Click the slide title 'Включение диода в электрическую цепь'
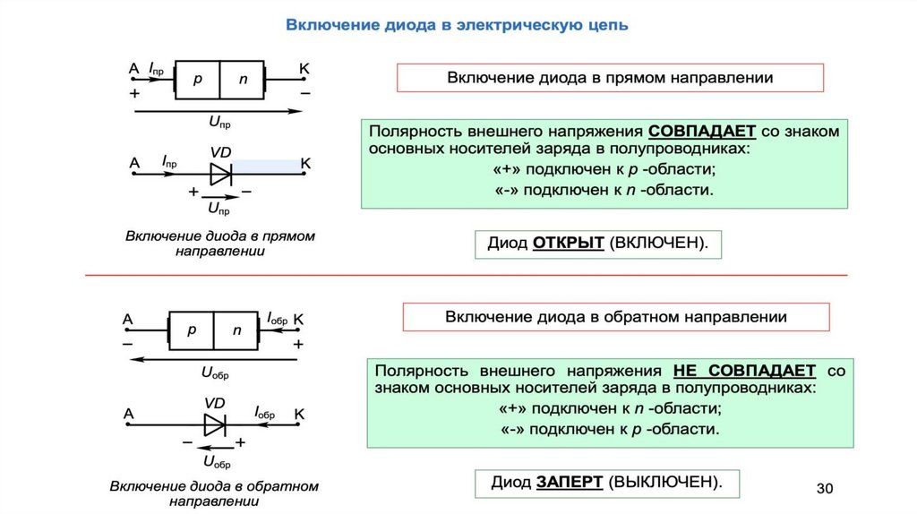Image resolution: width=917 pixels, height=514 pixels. (457, 24)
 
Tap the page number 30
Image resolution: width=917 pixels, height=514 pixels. (825, 488)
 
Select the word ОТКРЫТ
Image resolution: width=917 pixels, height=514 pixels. (569, 244)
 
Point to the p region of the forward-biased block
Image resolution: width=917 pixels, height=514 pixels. (198, 80)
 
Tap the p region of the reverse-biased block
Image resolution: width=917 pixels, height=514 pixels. (192, 330)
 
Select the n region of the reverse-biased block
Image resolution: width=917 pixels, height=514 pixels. (237, 330)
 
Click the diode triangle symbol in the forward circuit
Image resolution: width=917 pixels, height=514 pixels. (220, 173)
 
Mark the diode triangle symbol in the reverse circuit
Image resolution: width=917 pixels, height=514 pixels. (215, 424)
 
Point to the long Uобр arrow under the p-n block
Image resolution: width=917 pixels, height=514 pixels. (215, 360)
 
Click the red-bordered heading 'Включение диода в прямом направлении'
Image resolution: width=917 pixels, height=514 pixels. (610, 78)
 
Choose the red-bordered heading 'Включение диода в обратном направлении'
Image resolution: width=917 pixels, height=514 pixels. (616, 317)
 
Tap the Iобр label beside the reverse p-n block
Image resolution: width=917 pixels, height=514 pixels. (278, 318)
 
